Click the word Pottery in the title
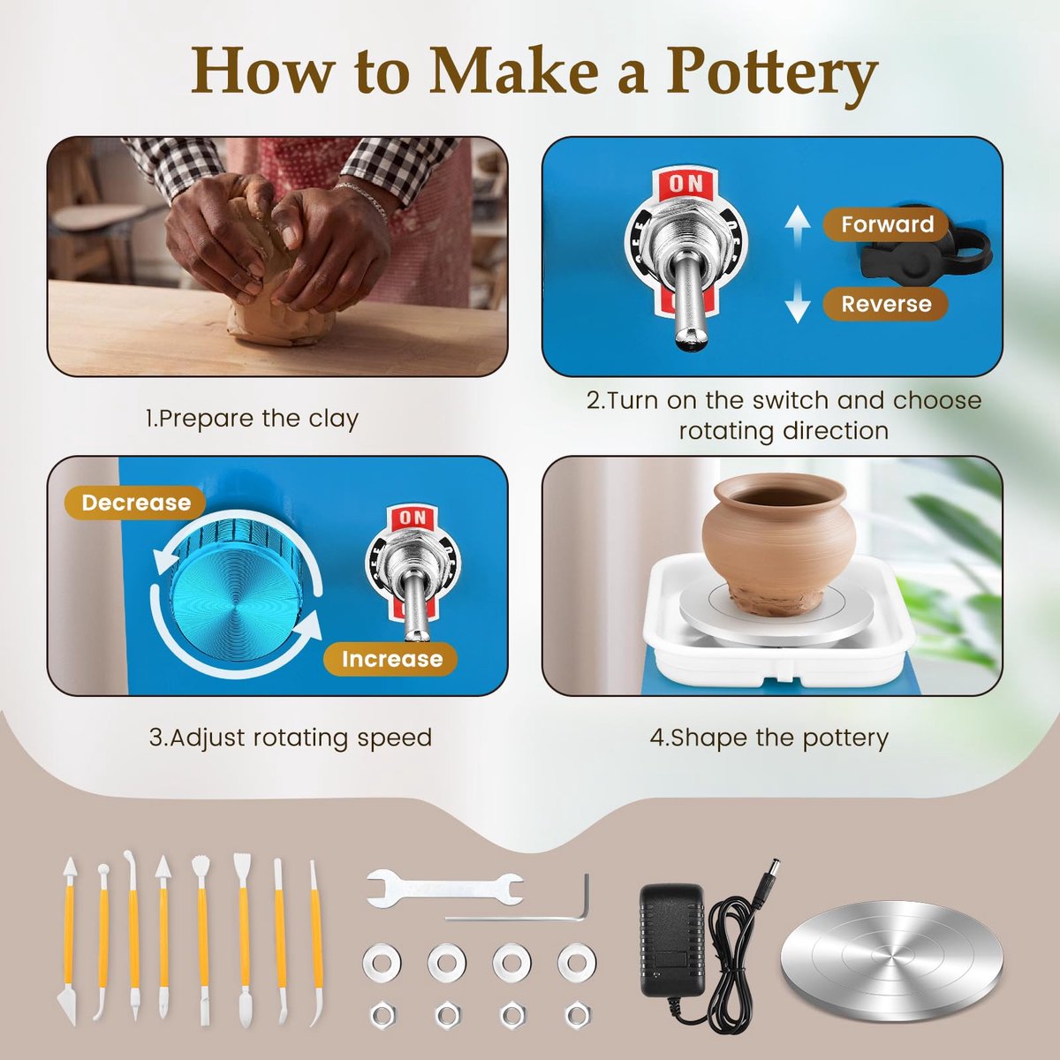coord(771,72)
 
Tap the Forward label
coord(887,224)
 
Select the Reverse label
coord(886,304)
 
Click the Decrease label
coord(135,503)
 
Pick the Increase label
coord(391,658)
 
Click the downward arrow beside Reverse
coord(797,305)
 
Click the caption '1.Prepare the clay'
coord(252,419)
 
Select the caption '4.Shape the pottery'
coord(769,738)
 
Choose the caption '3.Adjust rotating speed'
coord(291,738)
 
